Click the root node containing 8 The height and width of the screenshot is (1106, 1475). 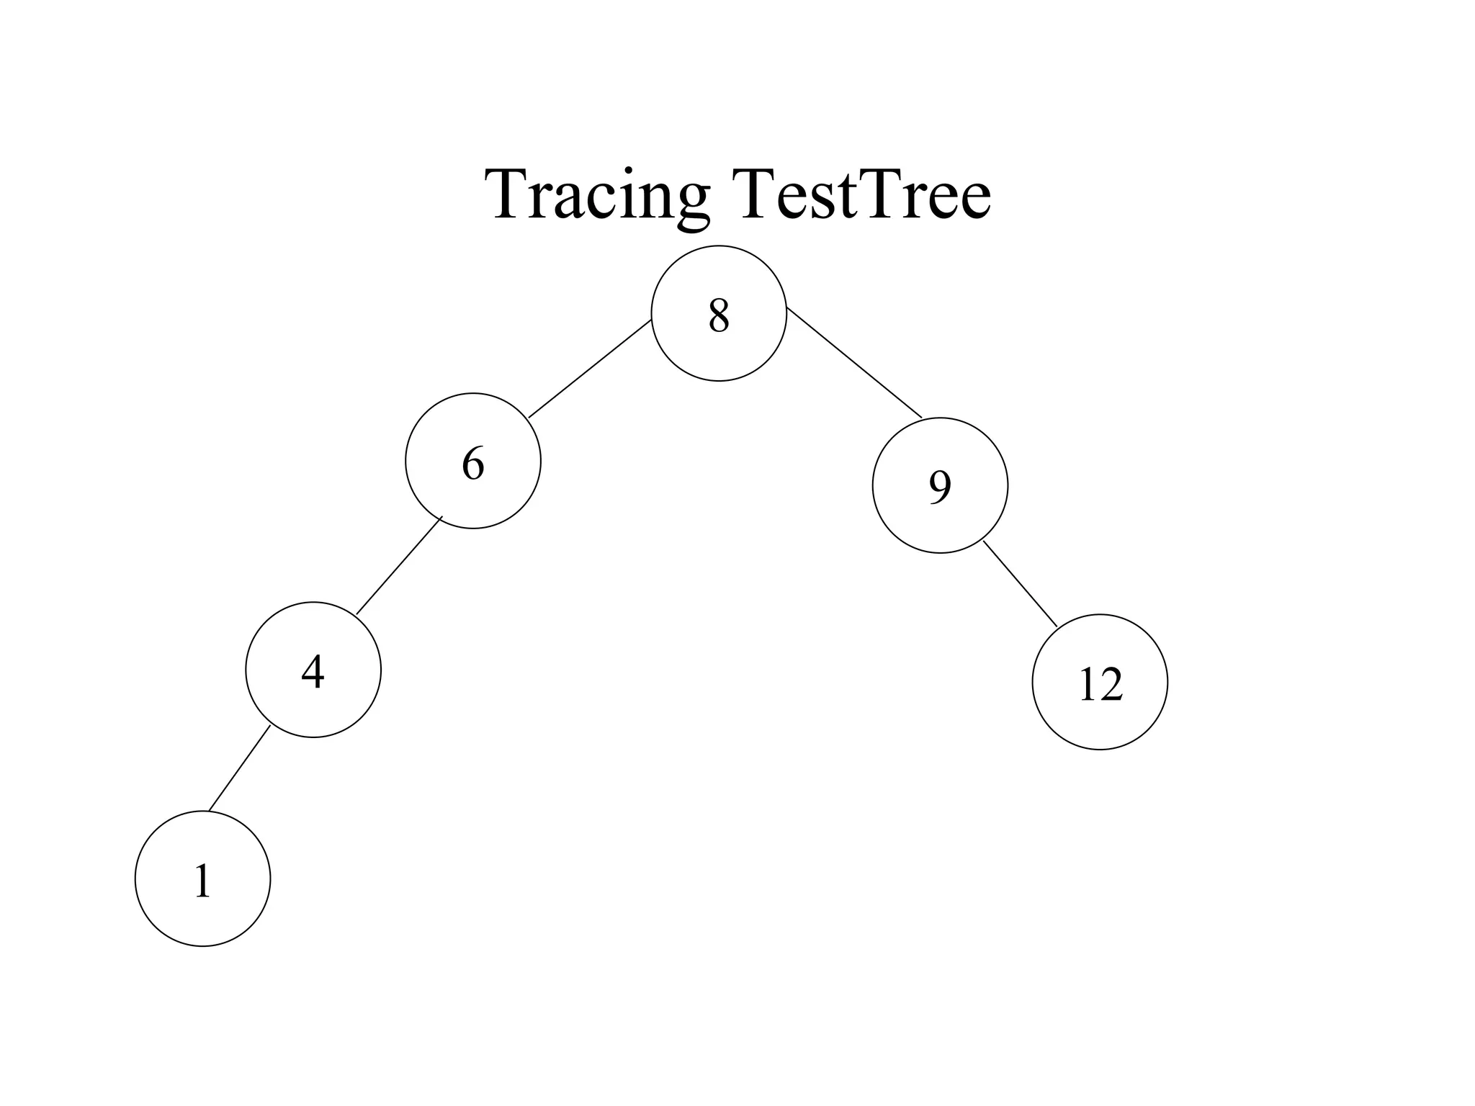718,313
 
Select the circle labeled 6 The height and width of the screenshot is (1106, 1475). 472,461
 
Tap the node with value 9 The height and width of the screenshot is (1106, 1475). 940,485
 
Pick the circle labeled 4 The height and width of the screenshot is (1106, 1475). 313,670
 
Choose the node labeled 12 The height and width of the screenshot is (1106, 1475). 1100,682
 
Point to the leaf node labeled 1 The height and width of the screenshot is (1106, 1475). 202,878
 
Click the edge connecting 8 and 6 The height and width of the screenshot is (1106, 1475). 590,369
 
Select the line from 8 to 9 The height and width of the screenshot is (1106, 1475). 854,362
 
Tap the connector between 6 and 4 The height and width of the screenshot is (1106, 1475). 398,566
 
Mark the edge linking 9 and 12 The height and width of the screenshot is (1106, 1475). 1021,584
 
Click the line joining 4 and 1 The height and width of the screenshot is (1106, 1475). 239,768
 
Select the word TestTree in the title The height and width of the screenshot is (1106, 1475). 861,194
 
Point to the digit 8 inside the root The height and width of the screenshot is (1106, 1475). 719,315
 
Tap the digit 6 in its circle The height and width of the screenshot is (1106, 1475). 472,463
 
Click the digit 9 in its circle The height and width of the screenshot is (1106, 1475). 940,487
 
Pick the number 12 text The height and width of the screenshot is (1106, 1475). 1100,684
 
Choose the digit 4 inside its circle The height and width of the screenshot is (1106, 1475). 313,672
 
